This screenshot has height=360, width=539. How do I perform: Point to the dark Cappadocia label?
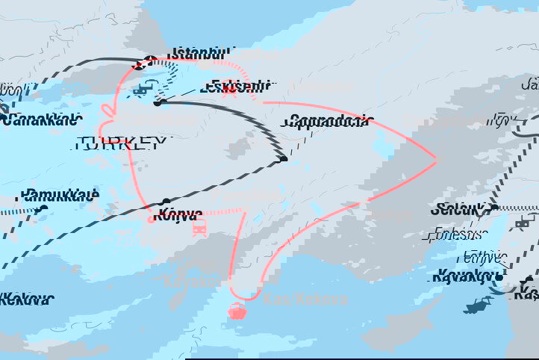point(326,121)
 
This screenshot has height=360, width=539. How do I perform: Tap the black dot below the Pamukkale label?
point(43,210)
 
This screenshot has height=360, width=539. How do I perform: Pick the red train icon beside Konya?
point(199,228)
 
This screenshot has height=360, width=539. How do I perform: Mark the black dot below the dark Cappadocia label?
point(283,158)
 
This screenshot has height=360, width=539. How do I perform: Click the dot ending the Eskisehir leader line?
point(158,102)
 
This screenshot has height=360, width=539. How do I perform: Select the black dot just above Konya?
point(166,202)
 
